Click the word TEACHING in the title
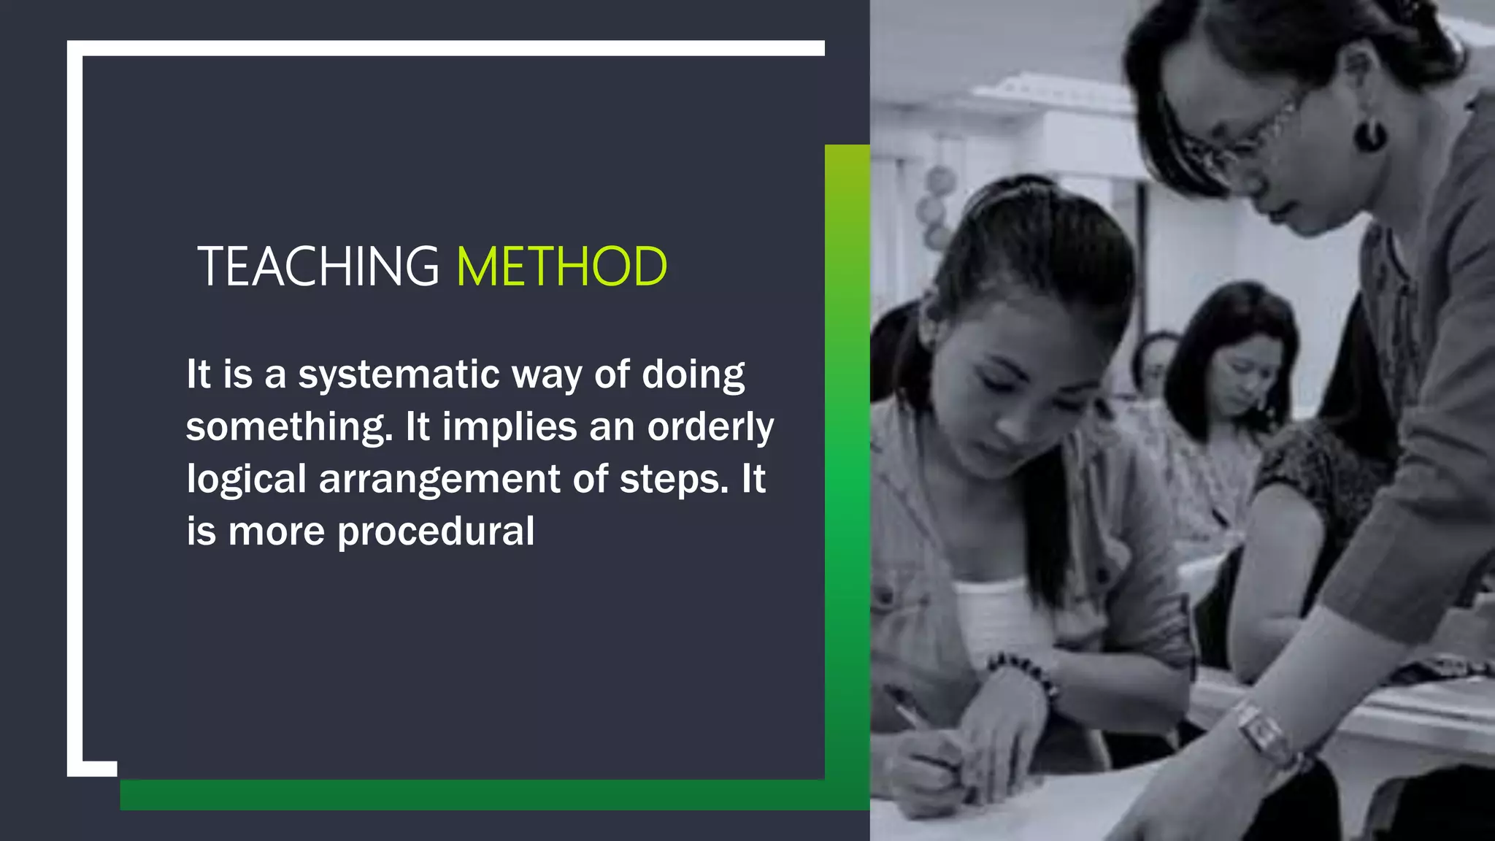coord(318,266)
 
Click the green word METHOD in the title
coord(561,266)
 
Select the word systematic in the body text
coord(399,375)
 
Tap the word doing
coord(693,375)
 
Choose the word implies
coord(510,428)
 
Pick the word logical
coord(246,480)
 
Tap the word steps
coord(674,480)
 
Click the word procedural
coord(436,531)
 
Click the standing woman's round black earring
coord(1369,136)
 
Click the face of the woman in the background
coord(1241,369)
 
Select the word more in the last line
coord(276,532)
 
